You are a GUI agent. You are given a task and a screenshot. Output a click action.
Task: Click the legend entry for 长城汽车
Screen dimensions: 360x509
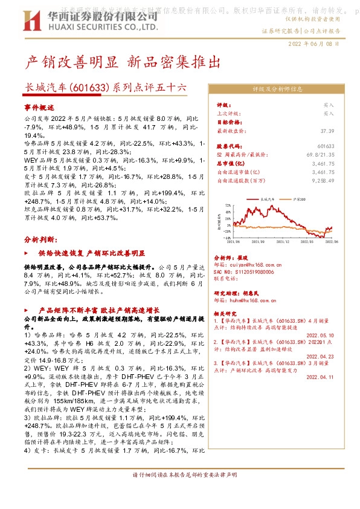click(268, 198)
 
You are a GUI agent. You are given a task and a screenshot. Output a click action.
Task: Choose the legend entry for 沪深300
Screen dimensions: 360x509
click(297, 198)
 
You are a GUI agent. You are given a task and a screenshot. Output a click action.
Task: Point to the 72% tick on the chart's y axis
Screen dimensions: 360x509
click(228, 206)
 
